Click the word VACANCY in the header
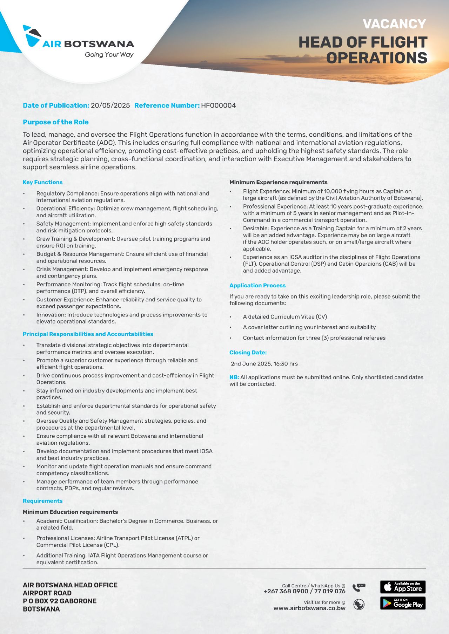pos(394,24)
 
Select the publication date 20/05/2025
pos(110,105)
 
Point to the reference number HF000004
pos(218,105)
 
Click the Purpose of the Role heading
pos(55,122)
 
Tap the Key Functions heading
pos(42,182)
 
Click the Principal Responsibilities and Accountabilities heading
pos(88,334)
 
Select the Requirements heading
pos(42,501)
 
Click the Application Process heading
pos(257,285)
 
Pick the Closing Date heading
pos(248,353)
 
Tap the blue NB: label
pos(234,377)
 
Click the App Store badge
pos(403,587)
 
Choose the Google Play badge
pos(403,603)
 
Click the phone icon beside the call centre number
pos(359,587)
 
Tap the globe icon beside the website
pos(359,605)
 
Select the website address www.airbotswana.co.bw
pos(309,608)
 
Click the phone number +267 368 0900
pos(286,591)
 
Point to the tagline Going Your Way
pos(109,55)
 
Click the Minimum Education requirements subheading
pos(70,512)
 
